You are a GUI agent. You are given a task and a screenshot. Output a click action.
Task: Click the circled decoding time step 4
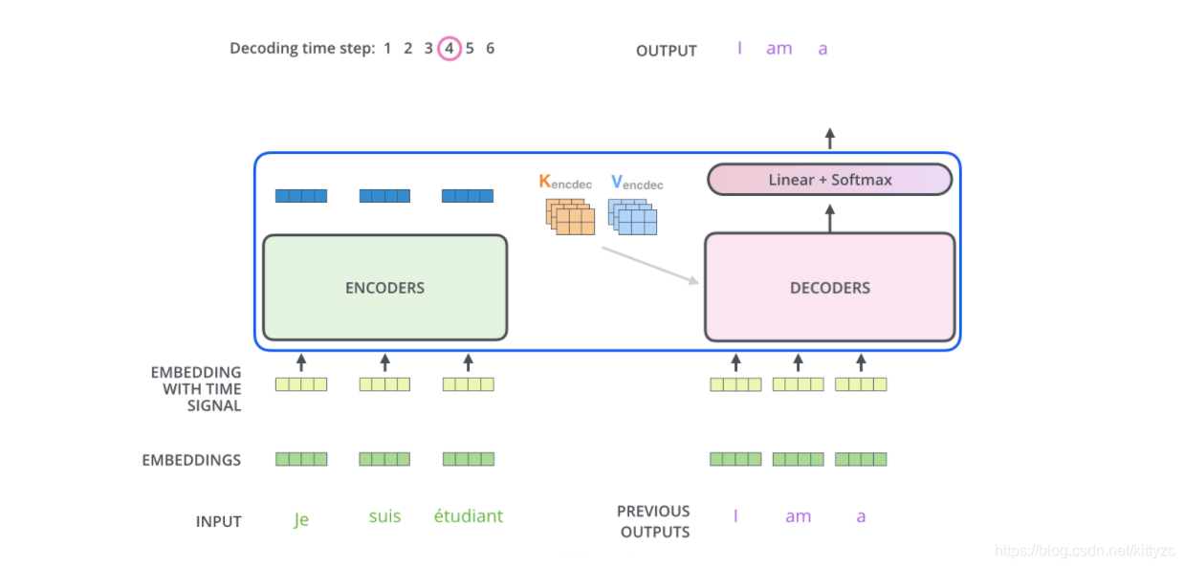coord(449,48)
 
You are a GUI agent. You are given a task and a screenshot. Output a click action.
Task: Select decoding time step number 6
coord(491,48)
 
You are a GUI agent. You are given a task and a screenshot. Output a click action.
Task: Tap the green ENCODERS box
coord(384,287)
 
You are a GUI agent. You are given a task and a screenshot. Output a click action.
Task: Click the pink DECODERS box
coord(829,287)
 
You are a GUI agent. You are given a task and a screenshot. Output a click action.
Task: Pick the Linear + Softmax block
coord(829,180)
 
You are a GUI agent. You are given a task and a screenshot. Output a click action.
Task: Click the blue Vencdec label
coord(636,182)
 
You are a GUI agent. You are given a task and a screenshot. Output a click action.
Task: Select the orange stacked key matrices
coord(571,216)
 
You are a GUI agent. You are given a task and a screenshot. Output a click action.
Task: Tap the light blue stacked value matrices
coord(633,217)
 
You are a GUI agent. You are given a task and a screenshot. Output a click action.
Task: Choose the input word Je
coord(301,520)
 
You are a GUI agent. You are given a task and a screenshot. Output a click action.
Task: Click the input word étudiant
coord(468,516)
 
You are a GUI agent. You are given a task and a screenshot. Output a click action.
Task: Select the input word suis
coord(384,516)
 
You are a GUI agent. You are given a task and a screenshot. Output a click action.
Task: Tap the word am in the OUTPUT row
coord(778,49)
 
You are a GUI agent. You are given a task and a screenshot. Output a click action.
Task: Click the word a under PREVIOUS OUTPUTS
coord(861,516)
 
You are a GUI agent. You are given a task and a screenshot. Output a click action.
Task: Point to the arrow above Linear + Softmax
coord(829,139)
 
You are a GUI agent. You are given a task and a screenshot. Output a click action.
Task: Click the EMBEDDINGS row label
coord(191,460)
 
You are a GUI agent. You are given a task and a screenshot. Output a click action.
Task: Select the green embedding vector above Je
coord(301,459)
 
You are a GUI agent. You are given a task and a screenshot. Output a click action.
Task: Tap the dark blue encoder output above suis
coord(384,196)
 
